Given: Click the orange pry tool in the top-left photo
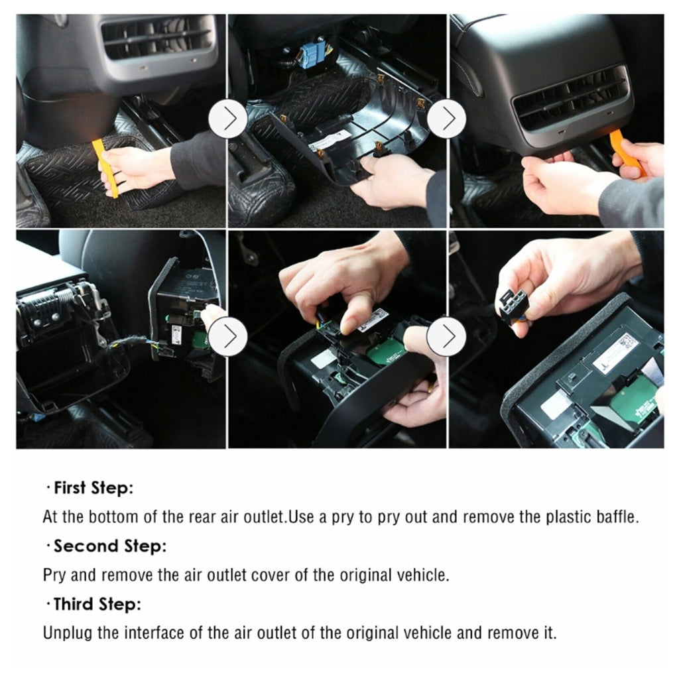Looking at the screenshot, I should click(x=105, y=168).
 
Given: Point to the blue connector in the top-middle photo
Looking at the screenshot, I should click(x=310, y=56).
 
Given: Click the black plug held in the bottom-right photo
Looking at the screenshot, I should click(x=514, y=306).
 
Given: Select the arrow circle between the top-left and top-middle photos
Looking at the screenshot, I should click(x=227, y=119).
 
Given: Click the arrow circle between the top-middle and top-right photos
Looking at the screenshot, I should click(x=446, y=119).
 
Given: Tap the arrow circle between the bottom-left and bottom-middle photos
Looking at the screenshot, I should click(x=227, y=337).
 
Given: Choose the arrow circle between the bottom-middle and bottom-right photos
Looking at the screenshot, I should click(x=446, y=337).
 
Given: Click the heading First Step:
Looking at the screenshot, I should click(x=93, y=489).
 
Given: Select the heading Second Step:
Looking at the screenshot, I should click(x=109, y=546).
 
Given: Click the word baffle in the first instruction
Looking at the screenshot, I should click(x=618, y=517).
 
